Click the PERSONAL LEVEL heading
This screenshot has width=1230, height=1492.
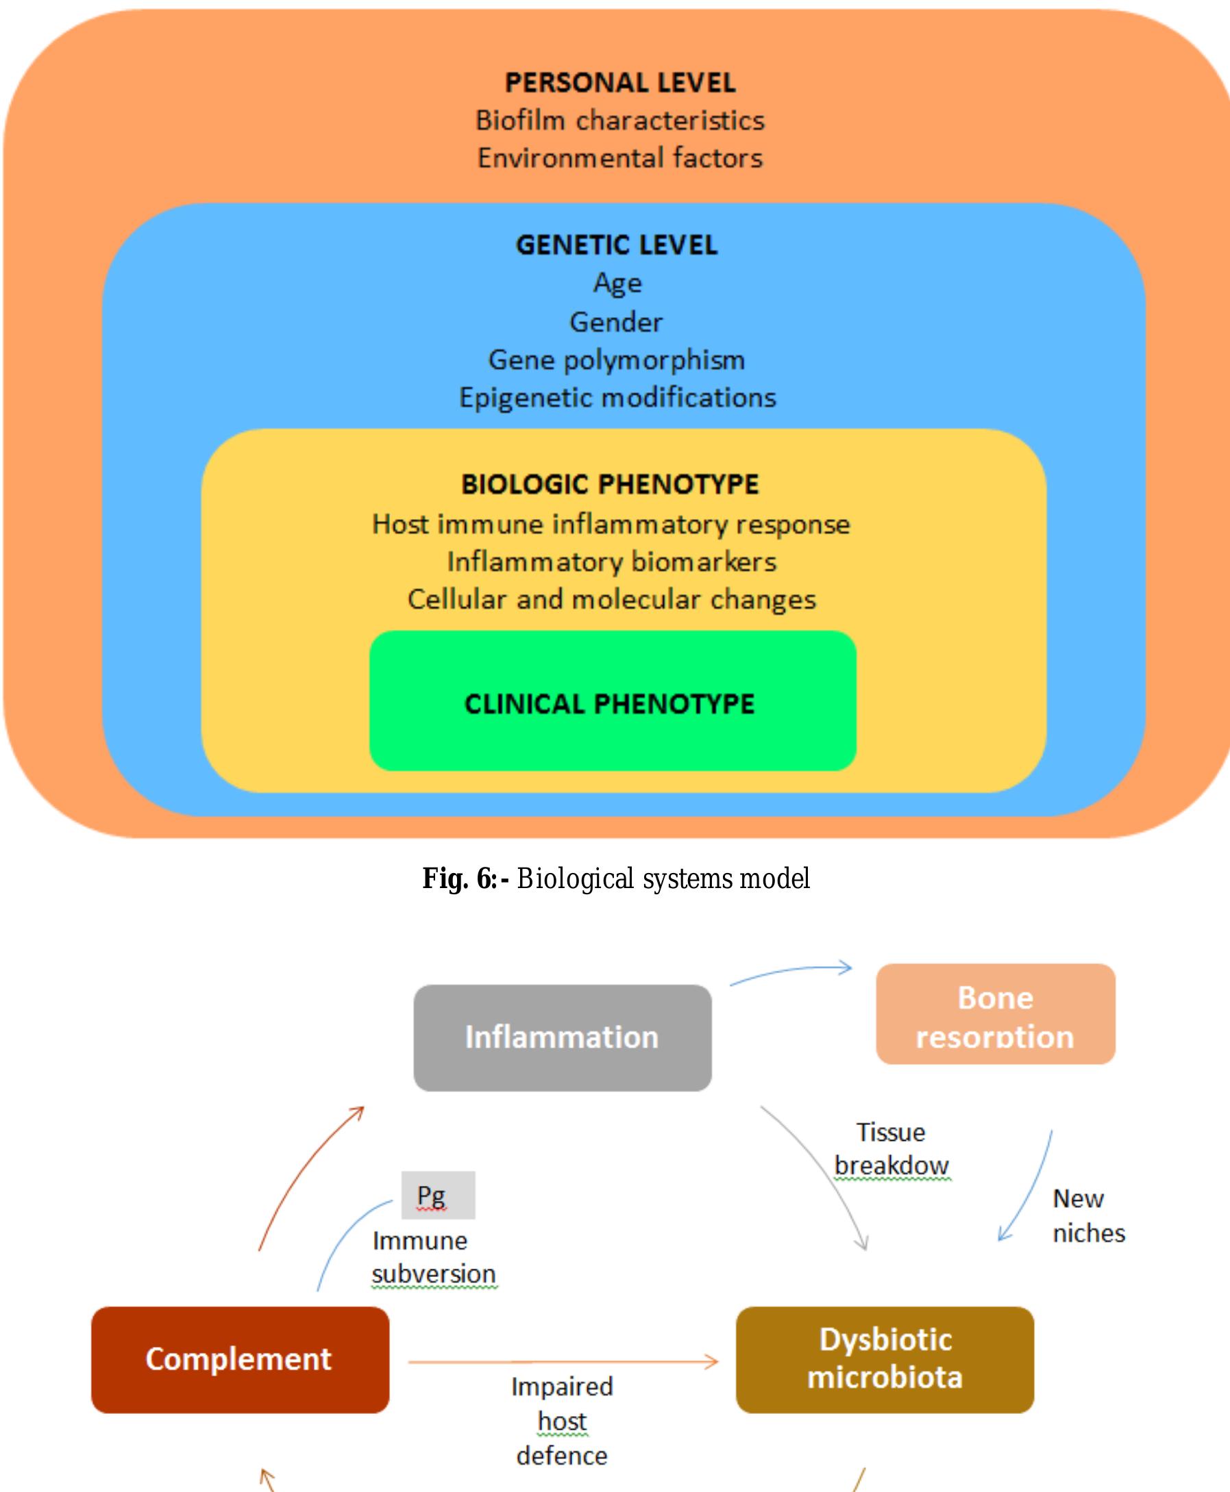620,83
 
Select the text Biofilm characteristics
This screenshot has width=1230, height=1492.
620,121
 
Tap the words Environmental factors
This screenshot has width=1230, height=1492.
620,158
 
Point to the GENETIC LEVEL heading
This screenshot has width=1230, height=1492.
617,245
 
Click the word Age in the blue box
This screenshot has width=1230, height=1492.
617,283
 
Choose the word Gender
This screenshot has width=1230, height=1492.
617,323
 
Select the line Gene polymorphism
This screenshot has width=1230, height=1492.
617,359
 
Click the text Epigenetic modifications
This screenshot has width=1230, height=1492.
617,397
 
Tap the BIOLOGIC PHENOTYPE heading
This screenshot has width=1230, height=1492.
610,484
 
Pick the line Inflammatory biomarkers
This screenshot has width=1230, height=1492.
611,561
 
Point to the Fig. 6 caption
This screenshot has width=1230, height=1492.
616,878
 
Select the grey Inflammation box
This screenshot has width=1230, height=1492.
563,1037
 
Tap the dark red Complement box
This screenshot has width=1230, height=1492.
239,1359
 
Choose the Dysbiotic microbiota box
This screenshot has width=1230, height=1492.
884,1359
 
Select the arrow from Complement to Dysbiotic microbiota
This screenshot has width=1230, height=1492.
563,1361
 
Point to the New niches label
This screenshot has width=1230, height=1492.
1088,1215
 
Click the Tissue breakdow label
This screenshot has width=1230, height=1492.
891,1148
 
